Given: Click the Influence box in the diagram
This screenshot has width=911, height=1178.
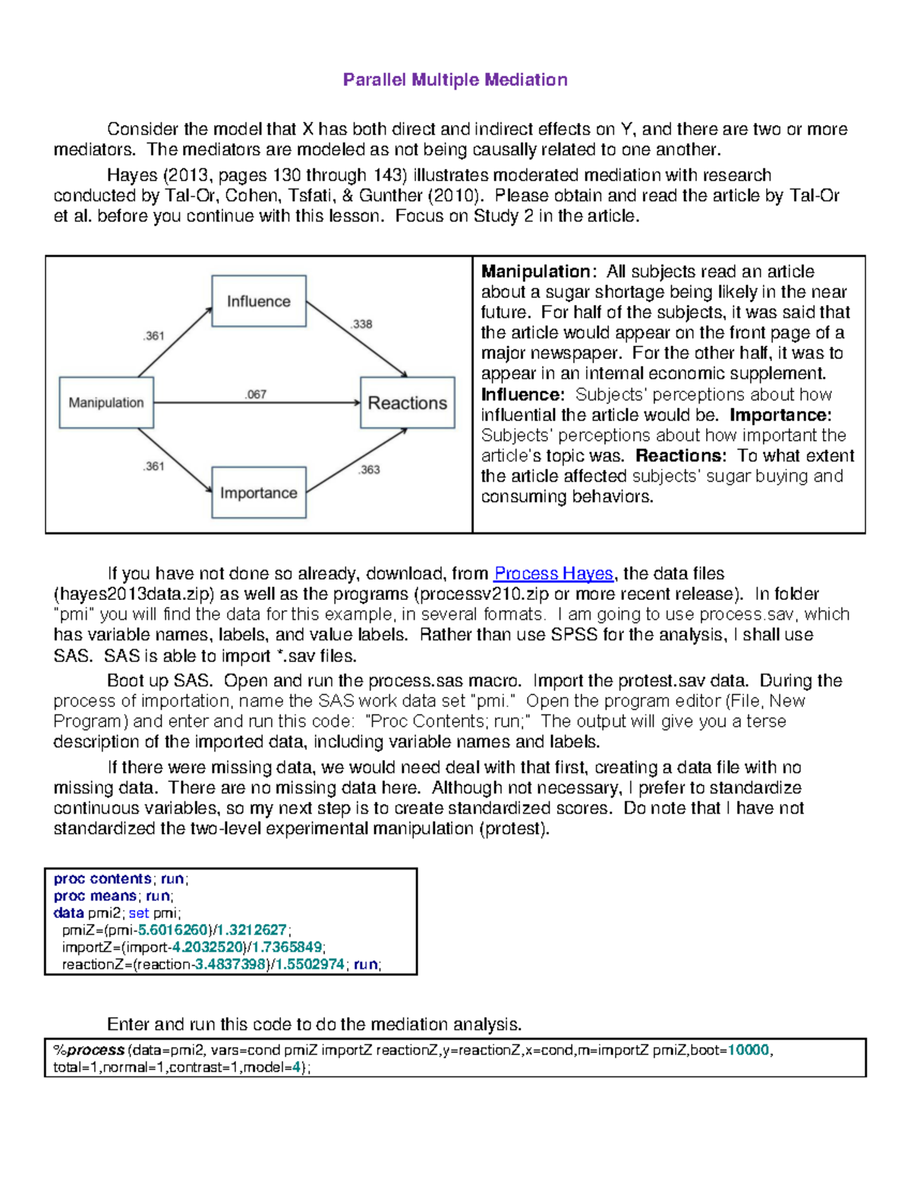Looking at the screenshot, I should point(258,301).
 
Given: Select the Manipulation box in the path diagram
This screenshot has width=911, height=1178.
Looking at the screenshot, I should point(106,402).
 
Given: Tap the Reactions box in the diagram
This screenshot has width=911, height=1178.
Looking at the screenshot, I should point(407,403).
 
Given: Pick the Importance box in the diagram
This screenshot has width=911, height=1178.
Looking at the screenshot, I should point(258,493).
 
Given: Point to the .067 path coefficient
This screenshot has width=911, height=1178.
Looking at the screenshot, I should point(256,394).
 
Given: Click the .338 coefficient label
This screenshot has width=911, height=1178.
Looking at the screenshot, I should point(361,324).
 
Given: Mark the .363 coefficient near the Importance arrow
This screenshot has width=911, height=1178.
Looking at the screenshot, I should point(369,470).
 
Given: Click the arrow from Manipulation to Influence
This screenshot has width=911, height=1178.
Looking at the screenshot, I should point(175,341).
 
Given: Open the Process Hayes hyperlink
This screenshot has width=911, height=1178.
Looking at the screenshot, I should point(553,573).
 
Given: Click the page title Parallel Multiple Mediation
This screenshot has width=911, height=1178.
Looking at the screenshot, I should point(455,80).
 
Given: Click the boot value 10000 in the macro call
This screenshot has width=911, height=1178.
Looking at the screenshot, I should point(749,1051).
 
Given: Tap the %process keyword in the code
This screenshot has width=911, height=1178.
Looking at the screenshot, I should point(89,1051).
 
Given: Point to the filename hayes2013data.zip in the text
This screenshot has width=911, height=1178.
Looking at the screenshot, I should point(129,594).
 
